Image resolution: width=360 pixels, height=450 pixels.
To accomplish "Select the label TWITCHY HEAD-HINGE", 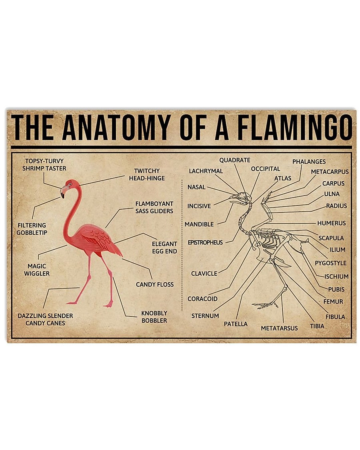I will [x=147, y=175].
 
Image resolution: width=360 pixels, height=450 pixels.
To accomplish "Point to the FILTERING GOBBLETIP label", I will [x=32, y=229].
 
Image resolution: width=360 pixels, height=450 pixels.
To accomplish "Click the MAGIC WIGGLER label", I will [x=37, y=270].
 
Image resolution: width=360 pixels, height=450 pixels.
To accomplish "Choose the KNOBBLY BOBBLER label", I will [x=154, y=317].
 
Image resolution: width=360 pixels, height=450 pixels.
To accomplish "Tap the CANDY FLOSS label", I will [x=155, y=284].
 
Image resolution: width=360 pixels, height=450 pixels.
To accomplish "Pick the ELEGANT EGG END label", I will [x=164, y=247].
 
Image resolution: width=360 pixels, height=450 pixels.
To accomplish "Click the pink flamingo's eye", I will [x=70, y=184].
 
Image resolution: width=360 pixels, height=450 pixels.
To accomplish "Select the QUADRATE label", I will [x=235, y=160].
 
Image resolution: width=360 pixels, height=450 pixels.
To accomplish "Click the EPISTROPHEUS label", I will [x=205, y=242].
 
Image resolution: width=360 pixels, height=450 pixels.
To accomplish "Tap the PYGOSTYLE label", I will [x=330, y=263].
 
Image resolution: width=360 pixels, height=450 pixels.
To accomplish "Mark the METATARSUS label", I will [x=279, y=328].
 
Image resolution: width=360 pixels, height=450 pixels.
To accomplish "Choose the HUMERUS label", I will [x=331, y=223].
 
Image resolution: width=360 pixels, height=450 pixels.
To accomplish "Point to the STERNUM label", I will [x=205, y=315].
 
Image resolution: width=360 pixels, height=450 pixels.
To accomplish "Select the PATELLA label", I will [x=236, y=324].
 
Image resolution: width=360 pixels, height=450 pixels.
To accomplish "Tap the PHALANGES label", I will [x=309, y=161].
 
